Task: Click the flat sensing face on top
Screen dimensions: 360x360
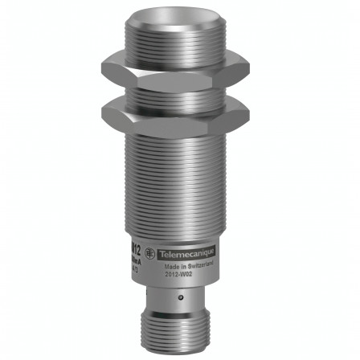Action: click(178, 14)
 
